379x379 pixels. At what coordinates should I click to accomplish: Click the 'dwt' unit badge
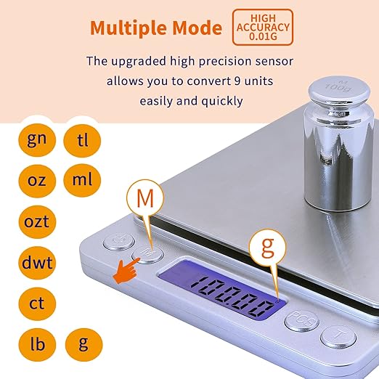pyautogui.click(x=36, y=261)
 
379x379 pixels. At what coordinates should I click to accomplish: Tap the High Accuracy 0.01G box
pyautogui.click(x=262, y=27)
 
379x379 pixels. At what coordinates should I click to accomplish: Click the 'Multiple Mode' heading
pyautogui.click(x=155, y=28)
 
